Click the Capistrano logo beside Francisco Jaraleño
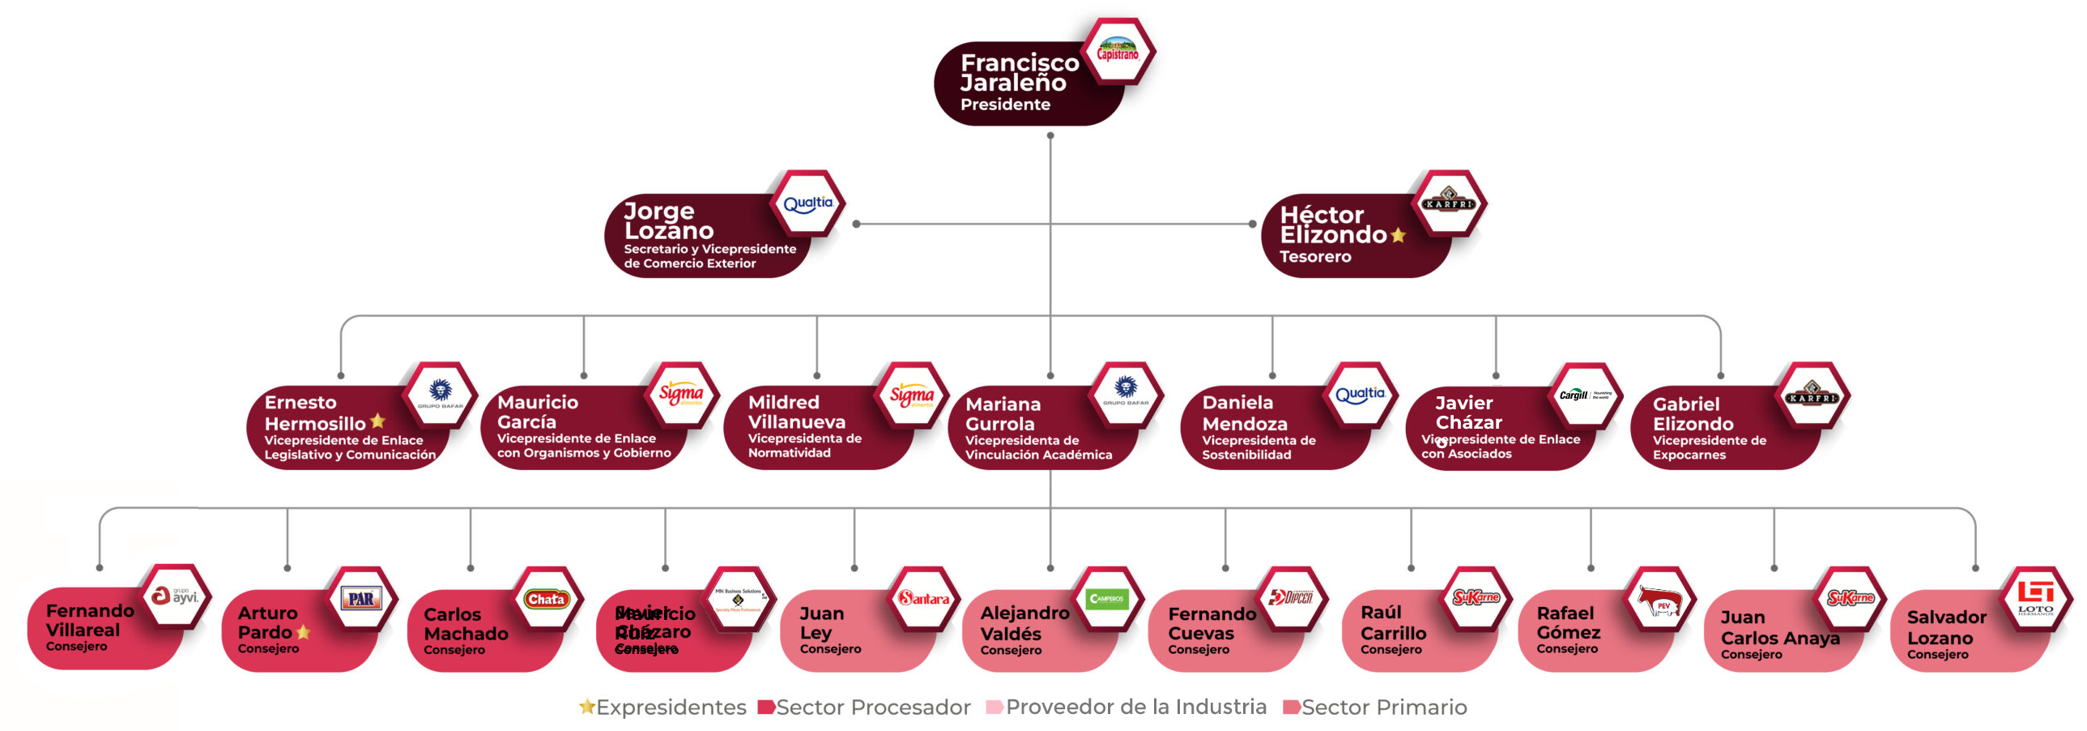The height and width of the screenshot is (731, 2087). tap(1118, 50)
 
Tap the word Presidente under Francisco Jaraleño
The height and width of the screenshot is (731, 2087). tap(1004, 105)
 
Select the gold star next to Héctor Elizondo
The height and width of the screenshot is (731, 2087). tap(1398, 235)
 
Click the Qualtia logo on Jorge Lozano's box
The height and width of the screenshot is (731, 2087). tap(807, 203)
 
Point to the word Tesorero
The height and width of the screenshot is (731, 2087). tap(1315, 257)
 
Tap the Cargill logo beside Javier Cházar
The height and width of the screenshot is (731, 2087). tap(1584, 395)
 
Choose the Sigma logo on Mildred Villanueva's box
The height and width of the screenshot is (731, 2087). tap(911, 395)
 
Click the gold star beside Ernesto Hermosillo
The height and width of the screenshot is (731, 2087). tap(377, 421)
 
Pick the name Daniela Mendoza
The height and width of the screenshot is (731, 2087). tap(1245, 413)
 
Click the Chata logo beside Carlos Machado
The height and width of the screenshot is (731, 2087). tap(547, 599)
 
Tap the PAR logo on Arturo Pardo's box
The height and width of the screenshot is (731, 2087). tap(361, 599)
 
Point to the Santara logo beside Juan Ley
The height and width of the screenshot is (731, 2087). tap(923, 599)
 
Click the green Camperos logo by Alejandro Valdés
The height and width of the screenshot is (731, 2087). tap(1107, 599)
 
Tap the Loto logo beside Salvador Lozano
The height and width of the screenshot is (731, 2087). tap(2034, 598)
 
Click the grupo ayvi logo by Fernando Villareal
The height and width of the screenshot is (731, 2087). tap(175, 596)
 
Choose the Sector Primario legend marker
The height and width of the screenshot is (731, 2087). tap(1291, 707)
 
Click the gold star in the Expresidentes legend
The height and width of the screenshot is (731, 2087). tap(586, 707)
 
